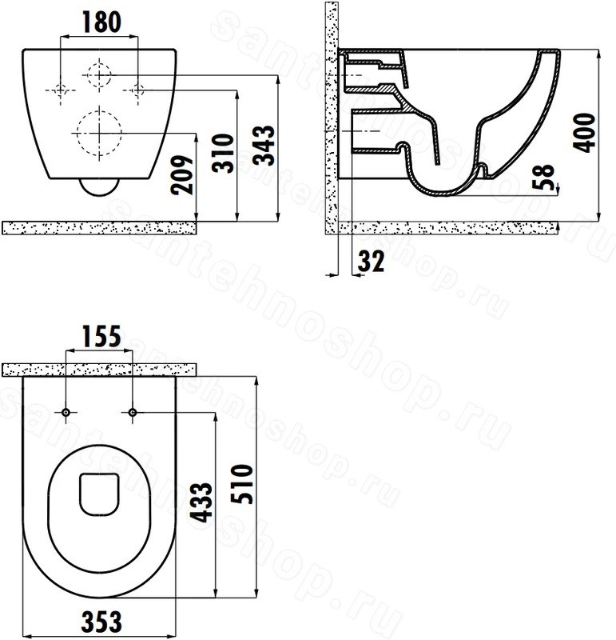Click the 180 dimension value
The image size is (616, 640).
101,22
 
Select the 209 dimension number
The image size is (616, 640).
182,174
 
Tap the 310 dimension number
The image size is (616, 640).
223,153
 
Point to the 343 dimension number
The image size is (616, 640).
264,146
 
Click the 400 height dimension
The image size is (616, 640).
584,133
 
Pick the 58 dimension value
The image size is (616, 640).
544,177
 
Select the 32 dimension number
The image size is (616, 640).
371,262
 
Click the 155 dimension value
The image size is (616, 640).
101,336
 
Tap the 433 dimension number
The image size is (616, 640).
202,502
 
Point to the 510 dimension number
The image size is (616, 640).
242,484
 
